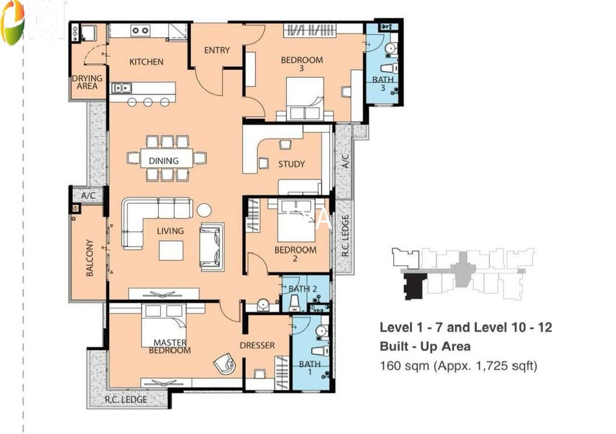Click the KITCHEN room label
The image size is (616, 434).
click(146, 62)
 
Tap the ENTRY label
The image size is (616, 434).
click(217, 50)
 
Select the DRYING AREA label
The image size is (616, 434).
click(87, 83)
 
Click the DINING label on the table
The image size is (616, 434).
click(163, 160)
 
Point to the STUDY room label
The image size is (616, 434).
click(291, 164)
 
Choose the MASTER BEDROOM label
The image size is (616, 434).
click(170, 346)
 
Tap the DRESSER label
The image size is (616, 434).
click(257, 345)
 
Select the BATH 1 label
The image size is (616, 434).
click(309, 368)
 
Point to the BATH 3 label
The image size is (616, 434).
click(382, 84)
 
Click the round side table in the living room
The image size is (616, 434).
click(204, 210)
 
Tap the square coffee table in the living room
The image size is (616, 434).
click(171, 250)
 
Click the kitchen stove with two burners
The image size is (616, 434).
click(140, 31)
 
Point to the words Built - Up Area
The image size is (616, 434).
click(425, 346)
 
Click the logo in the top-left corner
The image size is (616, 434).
click(13, 23)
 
